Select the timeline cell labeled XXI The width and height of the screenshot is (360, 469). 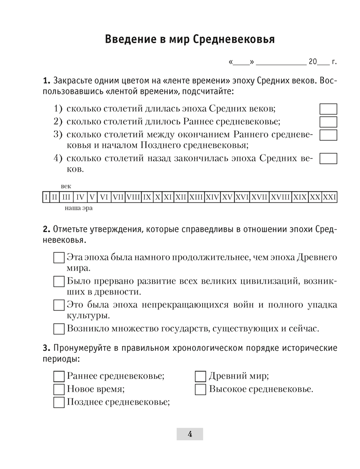click(x=330, y=197)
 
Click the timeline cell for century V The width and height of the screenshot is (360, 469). click(x=92, y=197)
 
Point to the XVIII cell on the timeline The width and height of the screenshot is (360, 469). click(x=280, y=197)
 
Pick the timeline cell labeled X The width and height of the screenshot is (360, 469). click(x=158, y=197)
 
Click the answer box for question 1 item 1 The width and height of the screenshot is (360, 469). click(x=328, y=109)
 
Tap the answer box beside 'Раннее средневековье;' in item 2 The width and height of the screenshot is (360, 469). click(x=328, y=122)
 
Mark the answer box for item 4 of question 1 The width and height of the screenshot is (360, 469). click(x=328, y=158)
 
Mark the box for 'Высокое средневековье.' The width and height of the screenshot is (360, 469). click(x=200, y=389)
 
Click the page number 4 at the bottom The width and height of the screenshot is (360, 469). click(x=189, y=434)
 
